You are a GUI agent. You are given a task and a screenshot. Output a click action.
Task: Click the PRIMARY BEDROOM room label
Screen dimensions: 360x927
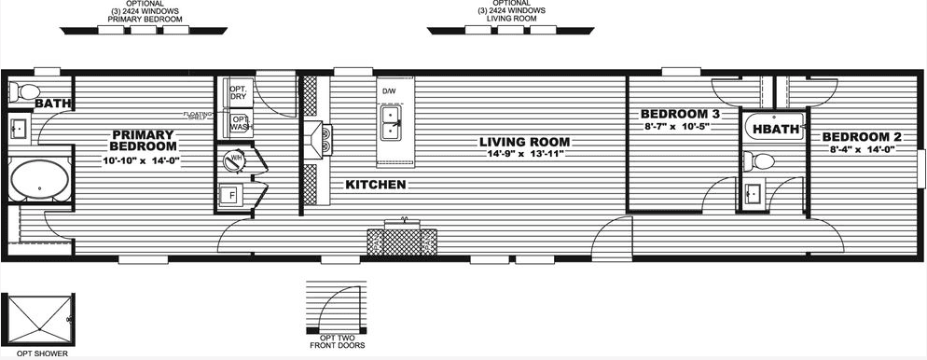pos(143,140)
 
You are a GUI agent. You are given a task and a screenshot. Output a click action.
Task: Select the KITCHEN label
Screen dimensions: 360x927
pos(375,185)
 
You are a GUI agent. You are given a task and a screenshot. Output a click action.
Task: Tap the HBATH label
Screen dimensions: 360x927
pos(776,130)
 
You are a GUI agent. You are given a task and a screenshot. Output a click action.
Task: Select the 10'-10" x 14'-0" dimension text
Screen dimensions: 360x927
pos(141,160)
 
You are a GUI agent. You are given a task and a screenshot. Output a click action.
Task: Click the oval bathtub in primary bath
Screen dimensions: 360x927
pos(38,178)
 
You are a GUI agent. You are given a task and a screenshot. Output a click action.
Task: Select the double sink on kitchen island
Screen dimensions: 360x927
pos(392,121)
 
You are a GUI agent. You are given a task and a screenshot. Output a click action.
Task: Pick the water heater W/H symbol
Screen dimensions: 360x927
pos(233,160)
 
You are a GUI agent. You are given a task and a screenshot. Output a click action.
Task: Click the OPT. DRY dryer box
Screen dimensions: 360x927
pos(238,92)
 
